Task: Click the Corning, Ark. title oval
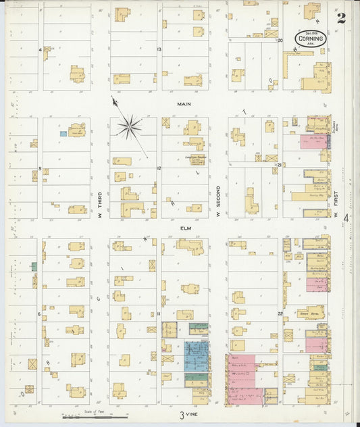[310, 39]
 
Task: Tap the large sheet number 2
[342, 18]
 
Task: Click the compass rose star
[128, 126]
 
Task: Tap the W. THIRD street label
[100, 202]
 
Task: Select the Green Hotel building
[310, 313]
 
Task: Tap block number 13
[159, 49]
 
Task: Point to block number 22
[279, 313]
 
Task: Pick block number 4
[40, 50]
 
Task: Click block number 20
[279, 40]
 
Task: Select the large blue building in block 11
[197, 355]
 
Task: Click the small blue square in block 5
[63, 134]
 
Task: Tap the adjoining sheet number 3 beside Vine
[181, 415]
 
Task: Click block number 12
[159, 168]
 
